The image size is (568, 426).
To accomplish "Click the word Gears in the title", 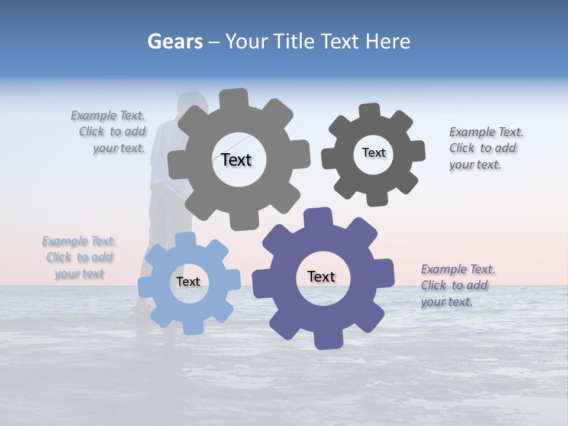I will [x=175, y=41].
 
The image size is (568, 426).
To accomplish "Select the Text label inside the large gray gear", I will [x=236, y=160].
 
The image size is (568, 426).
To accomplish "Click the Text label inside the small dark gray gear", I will [x=373, y=153].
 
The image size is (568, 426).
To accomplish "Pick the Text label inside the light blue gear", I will [x=188, y=282].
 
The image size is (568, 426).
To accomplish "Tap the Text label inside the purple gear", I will [x=321, y=276].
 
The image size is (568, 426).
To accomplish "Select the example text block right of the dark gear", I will [x=485, y=148].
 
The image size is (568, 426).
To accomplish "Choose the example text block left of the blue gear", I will [x=79, y=257].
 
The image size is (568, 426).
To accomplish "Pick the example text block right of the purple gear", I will [x=457, y=285].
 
